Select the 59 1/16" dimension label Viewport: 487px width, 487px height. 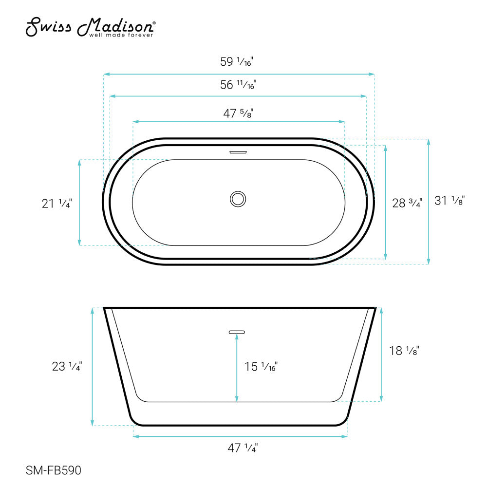point(238,62)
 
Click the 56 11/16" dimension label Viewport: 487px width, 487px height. point(238,85)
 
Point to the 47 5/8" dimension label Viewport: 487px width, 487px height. point(238,113)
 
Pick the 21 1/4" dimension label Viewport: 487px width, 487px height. point(56,204)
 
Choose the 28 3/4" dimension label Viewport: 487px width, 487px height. point(407,203)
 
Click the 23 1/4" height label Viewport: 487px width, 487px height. point(67,366)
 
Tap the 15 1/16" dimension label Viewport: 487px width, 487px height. point(261,366)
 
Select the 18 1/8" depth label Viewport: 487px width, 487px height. point(404,350)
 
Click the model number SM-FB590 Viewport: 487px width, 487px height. point(53,470)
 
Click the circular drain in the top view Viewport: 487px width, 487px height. point(238,199)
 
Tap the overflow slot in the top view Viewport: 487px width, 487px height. point(238,151)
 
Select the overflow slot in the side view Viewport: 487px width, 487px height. point(237,332)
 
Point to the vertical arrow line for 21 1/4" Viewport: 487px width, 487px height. point(79,202)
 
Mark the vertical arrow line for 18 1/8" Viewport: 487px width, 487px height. point(381,354)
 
